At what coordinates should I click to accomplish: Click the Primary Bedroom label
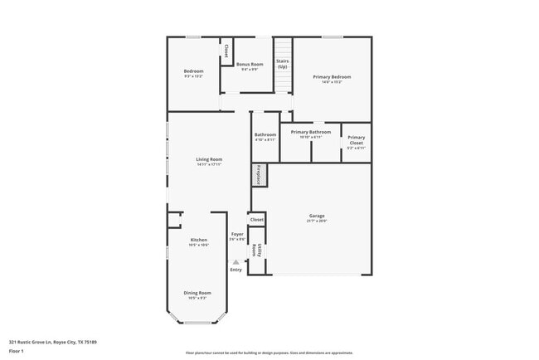coord(332,77)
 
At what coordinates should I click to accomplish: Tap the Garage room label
coord(318,216)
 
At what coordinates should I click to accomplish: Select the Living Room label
coord(209,158)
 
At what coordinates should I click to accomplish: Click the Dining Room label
coord(197,293)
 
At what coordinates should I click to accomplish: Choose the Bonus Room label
coord(250,64)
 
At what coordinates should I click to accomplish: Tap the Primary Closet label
coord(356,140)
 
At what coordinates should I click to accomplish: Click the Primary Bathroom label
coord(315,132)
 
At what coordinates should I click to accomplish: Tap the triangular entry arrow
coord(236,262)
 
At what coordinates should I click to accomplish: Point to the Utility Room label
coord(257,250)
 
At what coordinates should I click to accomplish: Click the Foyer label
coord(237,235)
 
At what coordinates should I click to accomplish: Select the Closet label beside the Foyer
coord(257,220)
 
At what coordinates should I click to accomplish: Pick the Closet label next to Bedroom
coord(226,49)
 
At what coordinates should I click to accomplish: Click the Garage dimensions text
coord(318,221)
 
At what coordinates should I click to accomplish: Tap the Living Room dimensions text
coord(209,164)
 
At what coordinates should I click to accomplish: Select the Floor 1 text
coord(17,350)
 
